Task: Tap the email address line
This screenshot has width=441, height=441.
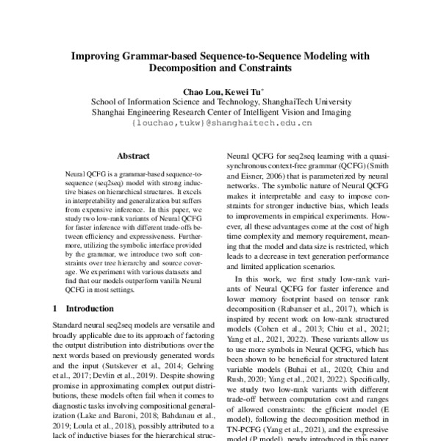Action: [220, 125]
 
